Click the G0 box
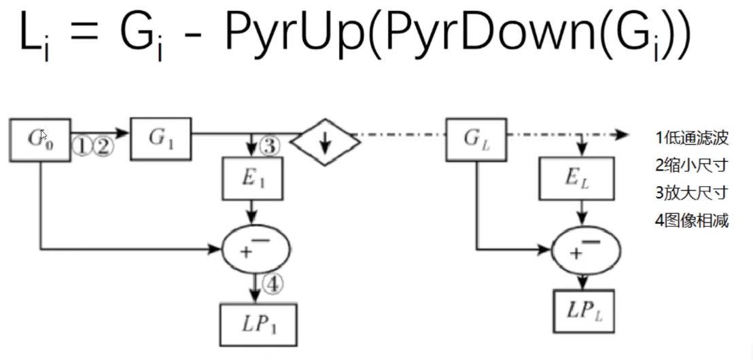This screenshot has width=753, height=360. click(40, 139)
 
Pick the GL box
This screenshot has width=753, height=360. click(475, 139)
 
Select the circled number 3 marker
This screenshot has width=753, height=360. click(270, 145)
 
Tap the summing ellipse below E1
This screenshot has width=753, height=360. click(256, 249)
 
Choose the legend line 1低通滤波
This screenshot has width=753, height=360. click(692, 138)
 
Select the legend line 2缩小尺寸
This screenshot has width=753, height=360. click(692, 165)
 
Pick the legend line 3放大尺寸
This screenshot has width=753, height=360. click(692, 193)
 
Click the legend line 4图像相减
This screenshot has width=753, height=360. click(692, 221)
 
